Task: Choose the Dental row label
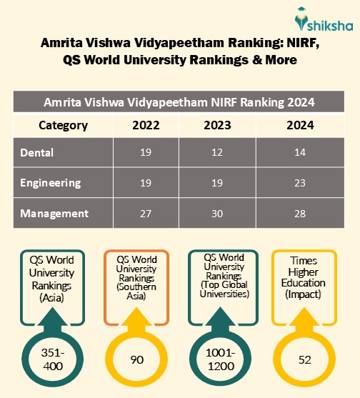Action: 36,152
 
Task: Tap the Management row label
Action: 54,213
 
